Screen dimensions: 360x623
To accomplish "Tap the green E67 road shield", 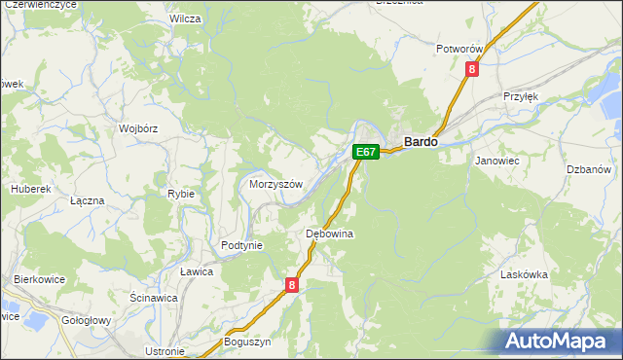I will (365, 152).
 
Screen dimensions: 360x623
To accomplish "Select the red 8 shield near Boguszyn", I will (291, 285).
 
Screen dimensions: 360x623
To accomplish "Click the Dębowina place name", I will (329, 234).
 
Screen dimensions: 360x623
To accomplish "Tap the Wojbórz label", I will (138, 127).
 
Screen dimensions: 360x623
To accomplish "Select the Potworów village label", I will (460, 49).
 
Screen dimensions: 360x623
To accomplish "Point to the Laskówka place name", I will (524, 275).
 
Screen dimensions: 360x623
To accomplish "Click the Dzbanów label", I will (586, 169).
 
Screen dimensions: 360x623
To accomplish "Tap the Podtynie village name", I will (242, 245).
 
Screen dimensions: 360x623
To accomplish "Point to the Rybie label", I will (181, 194).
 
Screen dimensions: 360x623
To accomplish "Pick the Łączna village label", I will (88, 199).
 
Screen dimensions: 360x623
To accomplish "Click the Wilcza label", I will (185, 18).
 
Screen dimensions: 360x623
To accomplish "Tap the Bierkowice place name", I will (39, 279).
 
